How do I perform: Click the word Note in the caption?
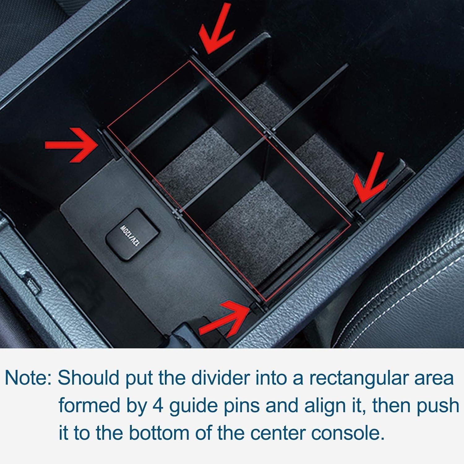tap(29, 378)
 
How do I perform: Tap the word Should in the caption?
tap(88, 378)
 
